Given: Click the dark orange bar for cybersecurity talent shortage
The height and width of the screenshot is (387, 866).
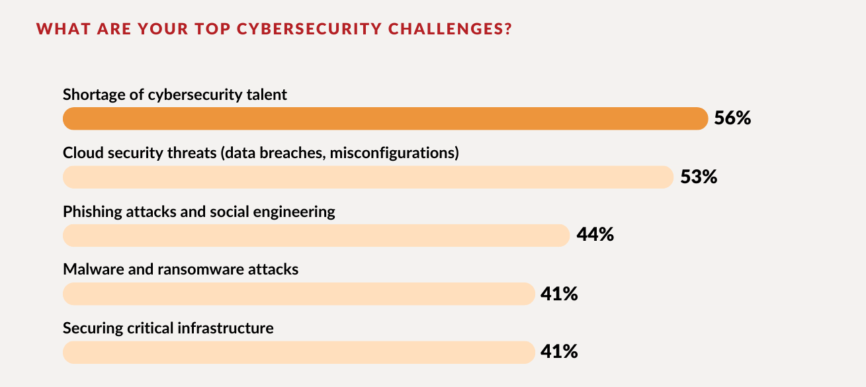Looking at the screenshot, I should point(385,118).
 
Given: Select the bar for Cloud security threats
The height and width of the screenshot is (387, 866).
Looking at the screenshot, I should point(368,177).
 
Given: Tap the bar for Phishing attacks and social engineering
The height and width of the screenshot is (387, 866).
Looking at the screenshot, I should point(316,235).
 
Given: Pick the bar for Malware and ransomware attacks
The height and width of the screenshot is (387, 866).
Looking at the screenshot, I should point(298,294).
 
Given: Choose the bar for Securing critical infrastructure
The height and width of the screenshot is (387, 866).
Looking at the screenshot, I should point(298,352).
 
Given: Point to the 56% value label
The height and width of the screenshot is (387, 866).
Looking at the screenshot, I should point(732,118).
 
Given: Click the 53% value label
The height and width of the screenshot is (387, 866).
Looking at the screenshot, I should point(699,177).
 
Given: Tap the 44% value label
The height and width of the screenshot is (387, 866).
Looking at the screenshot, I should point(595,235).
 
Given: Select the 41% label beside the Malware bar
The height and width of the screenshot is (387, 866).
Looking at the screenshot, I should point(559,294).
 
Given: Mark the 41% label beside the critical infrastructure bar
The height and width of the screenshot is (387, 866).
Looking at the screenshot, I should point(559,352).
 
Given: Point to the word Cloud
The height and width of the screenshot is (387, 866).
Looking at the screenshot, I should point(81,153).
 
